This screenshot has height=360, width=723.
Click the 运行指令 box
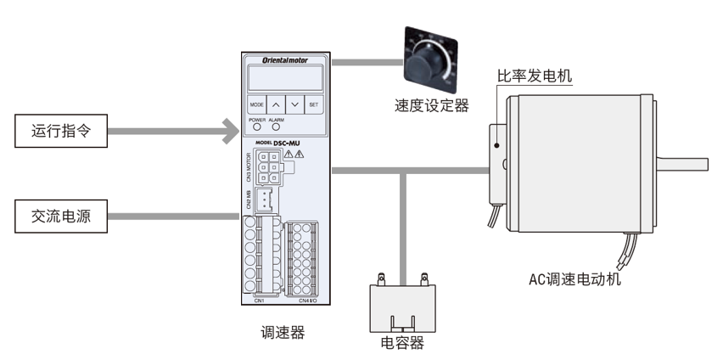tap(59, 132)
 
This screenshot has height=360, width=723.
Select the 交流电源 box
tap(59, 217)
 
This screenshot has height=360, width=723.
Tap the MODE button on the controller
tap(256, 105)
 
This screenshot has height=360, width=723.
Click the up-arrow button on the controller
tap(276, 105)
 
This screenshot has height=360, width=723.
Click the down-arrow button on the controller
tap(294, 105)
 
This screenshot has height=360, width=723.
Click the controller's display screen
tap(284, 79)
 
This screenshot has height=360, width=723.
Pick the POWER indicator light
tap(255, 128)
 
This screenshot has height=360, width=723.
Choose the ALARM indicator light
tap(277, 128)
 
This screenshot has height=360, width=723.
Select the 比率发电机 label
tap(534, 76)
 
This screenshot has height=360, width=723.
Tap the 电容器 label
tap(402, 343)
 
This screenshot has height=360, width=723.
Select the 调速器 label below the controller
tap(283, 333)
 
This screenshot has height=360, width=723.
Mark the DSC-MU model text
tap(294, 143)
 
